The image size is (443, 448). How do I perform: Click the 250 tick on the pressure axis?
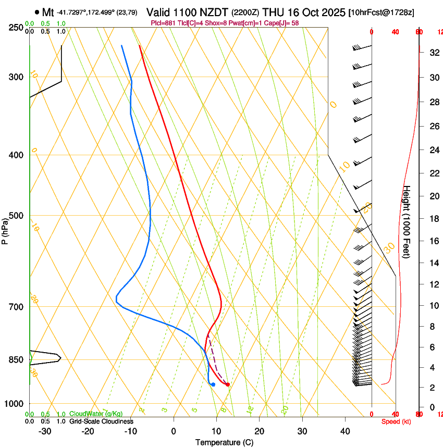pyautogui.click(x=16, y=27)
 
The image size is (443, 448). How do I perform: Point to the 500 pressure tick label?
pyautogui.click(x=16, y=216)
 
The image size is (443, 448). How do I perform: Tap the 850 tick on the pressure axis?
pyautogui.click(x=16, y=359)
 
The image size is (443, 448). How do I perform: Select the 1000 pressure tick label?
pyautogui.click(x=14, y=404)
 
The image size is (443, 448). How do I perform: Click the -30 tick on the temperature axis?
pyautogui.click(x=45, y=431)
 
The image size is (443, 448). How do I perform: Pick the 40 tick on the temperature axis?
pyautogui.click(x=345, y=431)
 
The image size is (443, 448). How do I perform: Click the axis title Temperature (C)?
pyautogui.click(x=224, y=442)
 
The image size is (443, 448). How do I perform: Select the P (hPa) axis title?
pyautogui.click(x=5, y=229)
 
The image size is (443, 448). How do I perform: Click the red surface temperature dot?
pyautogui.click(x=228, y=384)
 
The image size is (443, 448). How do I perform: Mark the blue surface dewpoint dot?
pyautogui.click(x=213, y=384)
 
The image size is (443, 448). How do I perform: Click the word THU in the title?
pyautogui.click(x=274, y=12)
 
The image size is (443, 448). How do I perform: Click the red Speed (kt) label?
pyautogui.click(x=395, y=421)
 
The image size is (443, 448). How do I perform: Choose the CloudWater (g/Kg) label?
pyautogui.click(x=96, y=414)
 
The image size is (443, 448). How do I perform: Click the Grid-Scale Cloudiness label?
pyautogui.click(x=101, y=421)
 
